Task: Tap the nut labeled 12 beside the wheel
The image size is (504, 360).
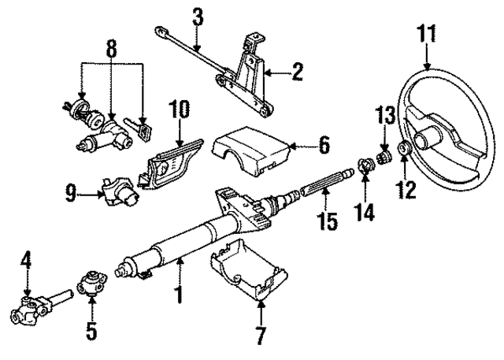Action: (x=406, y=149)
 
